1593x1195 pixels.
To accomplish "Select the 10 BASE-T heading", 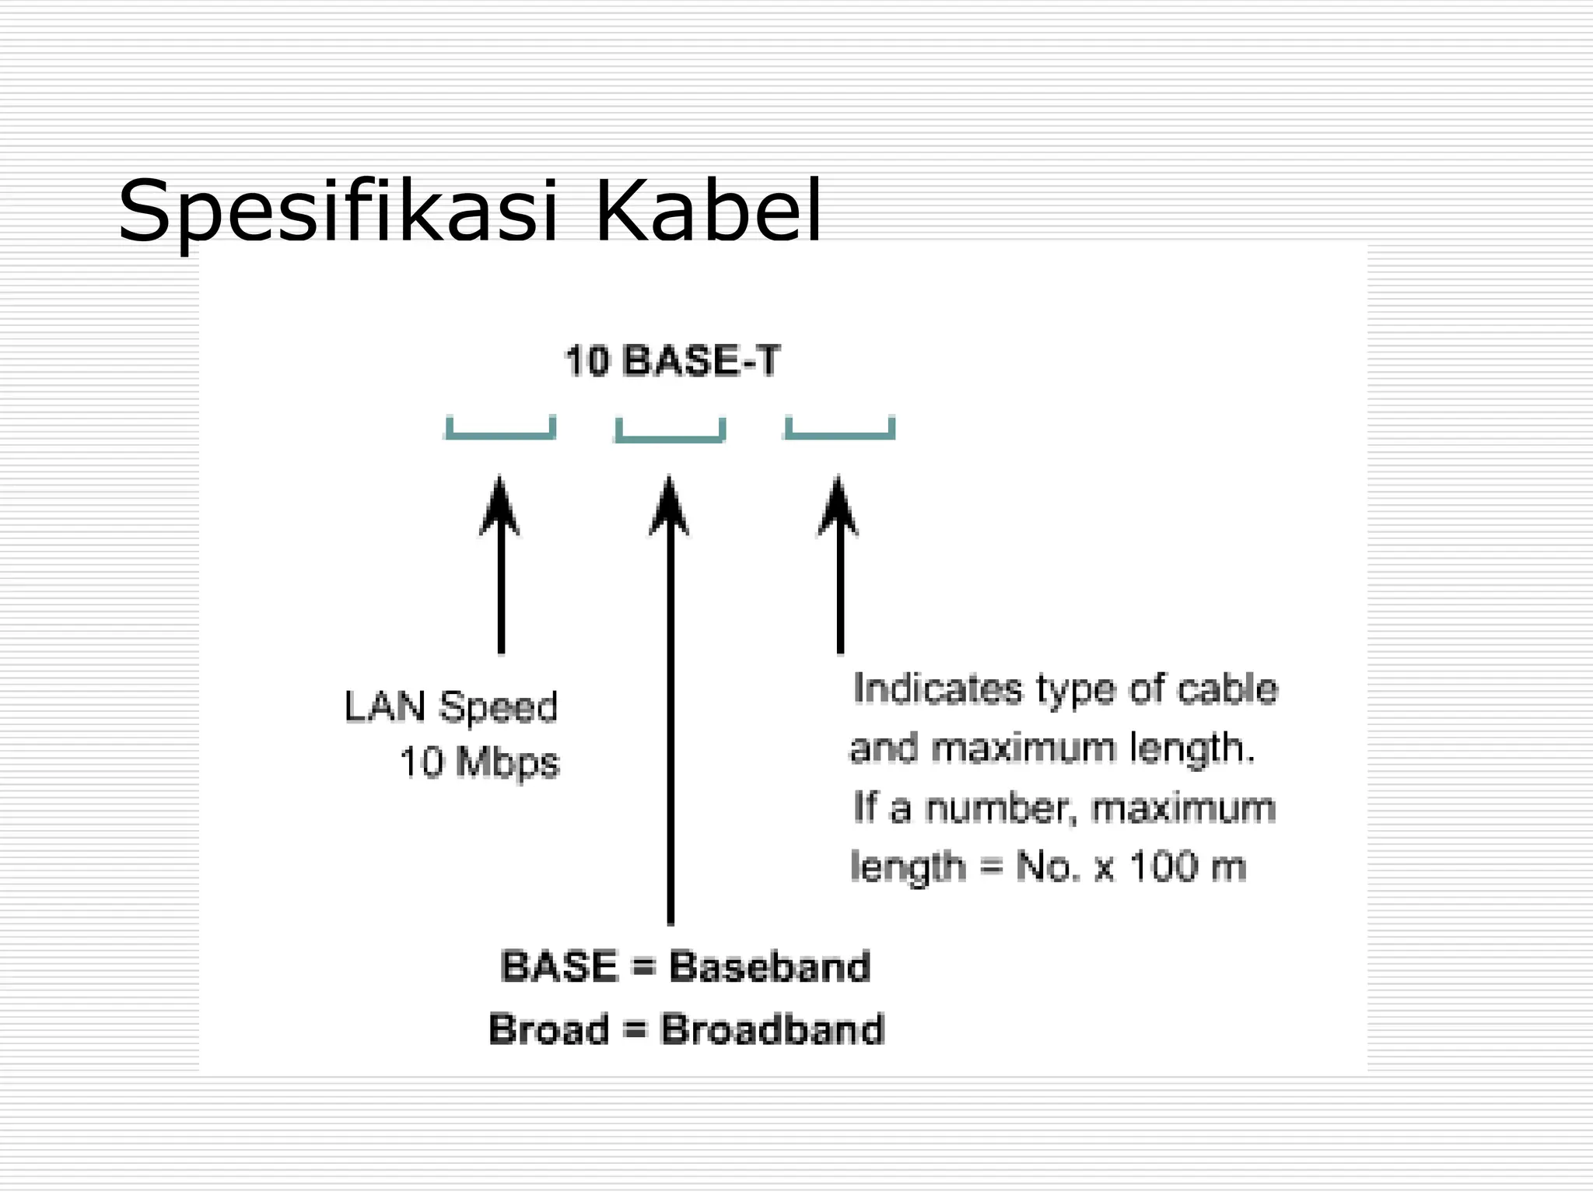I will [x=671, y=362].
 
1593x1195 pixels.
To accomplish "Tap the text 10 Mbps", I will [x=478, y=762].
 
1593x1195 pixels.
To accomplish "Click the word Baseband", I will [x=769, y=967].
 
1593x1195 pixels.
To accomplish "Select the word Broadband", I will [x=772, y=1029].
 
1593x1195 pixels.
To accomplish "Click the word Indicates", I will [x=937, y=689].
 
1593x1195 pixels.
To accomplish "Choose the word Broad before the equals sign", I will [x=549, y=1029].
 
